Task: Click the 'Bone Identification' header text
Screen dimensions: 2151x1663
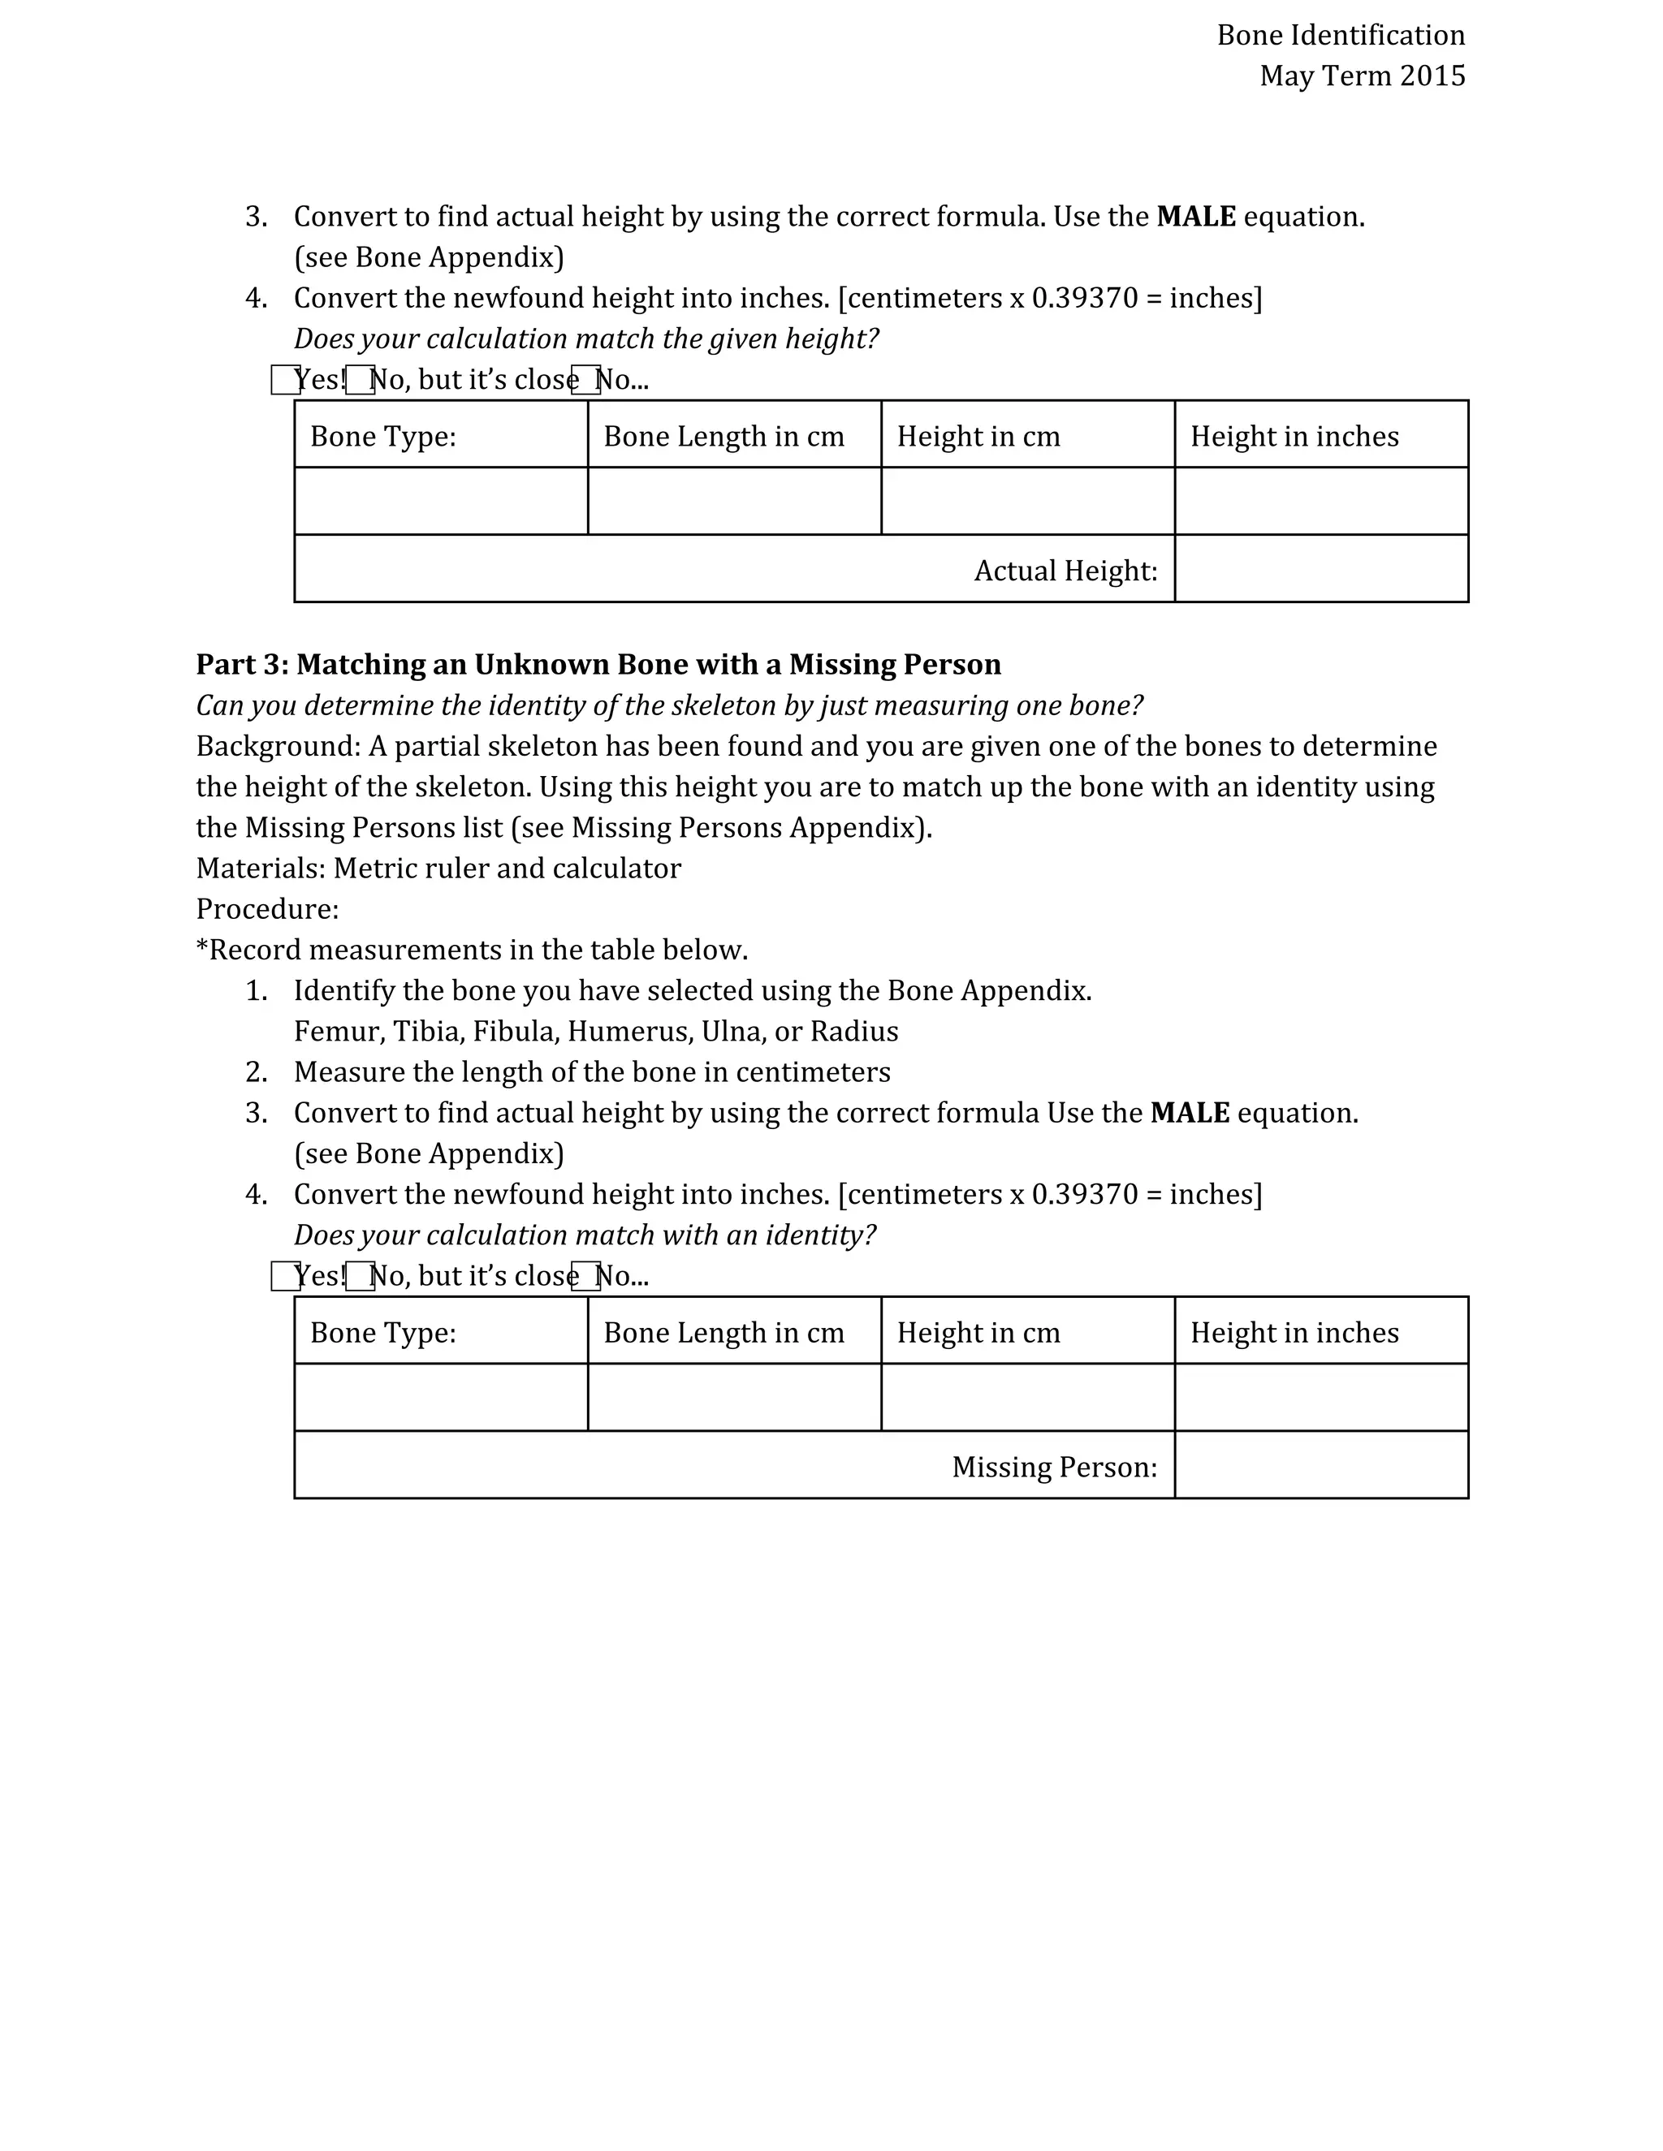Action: (1340, 36)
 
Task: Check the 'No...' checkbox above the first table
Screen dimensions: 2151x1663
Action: (585, 380)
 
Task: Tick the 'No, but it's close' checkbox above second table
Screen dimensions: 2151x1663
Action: (360, 1277)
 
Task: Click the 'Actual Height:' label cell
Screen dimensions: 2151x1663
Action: (1065, 571)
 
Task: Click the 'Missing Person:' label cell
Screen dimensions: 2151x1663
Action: (1054, 1467)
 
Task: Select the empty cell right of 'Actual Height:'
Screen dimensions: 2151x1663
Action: (1320, 569)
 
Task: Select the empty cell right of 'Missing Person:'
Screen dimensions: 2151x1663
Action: (1320, 1465)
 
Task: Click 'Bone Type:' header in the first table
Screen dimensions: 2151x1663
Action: (383, 437)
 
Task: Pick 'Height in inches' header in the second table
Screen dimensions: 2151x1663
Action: (1294, 1333)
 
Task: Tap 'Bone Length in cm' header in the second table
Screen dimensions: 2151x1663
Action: (724, 1333)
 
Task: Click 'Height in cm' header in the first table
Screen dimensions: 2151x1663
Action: (978, 437)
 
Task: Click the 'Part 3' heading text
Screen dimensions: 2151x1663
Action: (597, 665)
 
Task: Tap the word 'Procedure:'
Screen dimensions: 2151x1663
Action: (267, 909)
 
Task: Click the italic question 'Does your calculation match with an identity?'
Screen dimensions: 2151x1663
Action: (584, 1235)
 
